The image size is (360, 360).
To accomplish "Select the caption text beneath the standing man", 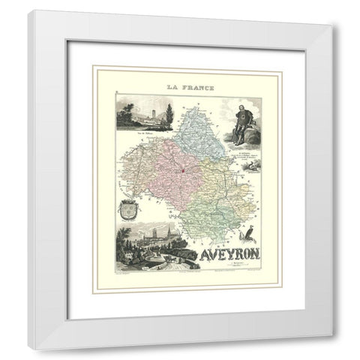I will click(x=239, y=162).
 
